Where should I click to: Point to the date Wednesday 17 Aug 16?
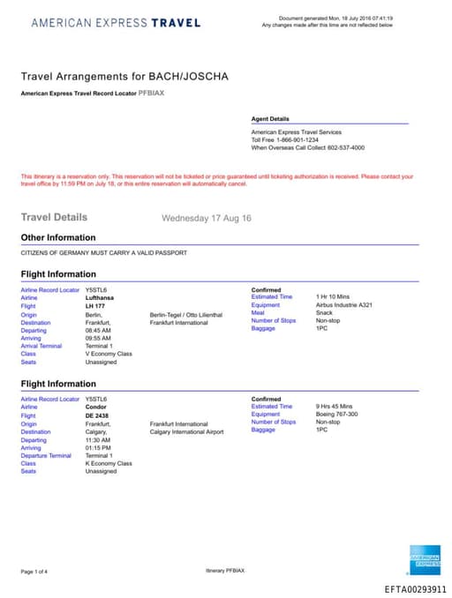click(207, 218)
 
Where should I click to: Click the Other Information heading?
click(58, 237)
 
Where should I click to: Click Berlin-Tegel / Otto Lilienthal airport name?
click(186, 315)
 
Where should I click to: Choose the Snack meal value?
click(324, 312)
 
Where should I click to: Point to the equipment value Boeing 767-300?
click(337, 415)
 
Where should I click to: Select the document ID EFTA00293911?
click(415, 589)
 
